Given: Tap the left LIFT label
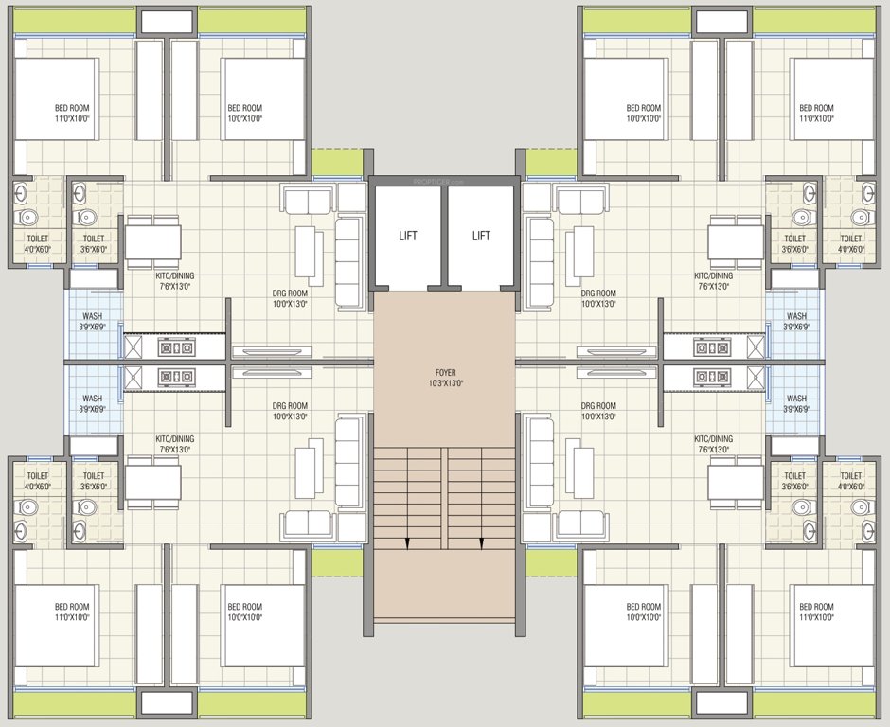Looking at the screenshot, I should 407,236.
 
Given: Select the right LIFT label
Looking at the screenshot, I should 481,236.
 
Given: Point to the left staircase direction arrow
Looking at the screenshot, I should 407,543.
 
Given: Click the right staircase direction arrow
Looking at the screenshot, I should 482,543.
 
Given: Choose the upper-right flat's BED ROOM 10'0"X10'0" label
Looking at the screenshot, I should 644,114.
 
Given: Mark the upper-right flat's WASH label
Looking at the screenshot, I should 796,322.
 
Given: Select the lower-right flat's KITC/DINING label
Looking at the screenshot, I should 713,444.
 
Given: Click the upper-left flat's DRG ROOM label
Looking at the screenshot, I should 291,299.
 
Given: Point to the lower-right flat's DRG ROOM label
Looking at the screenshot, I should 598,411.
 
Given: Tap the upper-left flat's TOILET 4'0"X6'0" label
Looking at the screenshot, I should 38,244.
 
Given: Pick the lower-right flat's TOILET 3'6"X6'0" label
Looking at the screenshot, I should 795,481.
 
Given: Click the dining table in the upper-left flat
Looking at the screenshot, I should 153,243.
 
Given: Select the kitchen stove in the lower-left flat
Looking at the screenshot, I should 175,377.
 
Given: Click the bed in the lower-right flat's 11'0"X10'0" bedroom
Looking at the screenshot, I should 830,626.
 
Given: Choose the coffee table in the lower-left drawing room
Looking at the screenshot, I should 308,471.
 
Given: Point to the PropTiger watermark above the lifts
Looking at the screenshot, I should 444,180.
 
